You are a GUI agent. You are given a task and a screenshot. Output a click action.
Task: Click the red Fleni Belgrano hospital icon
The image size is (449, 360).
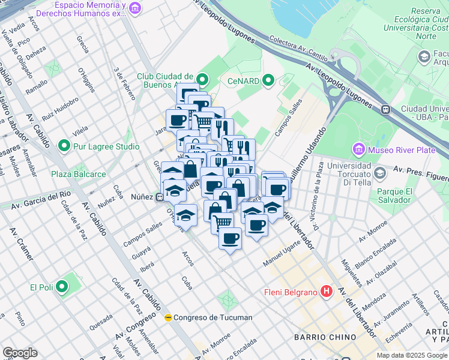pyautogui.click(x=327, y=292)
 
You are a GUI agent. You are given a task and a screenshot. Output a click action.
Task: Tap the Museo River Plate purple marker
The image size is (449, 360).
pyautogui.click(x=359, y=148)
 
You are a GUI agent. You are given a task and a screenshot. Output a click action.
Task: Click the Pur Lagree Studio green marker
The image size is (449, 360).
pyautogui.click(x=64, y=146)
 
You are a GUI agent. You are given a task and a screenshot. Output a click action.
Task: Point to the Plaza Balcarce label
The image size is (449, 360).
pyautogui.click(x=78, y=174)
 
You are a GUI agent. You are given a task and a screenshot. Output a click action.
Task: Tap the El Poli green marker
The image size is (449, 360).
pyautogui.click(x=62, y=287)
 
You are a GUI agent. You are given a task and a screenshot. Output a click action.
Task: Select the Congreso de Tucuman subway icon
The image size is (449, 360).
pyautogui.click(x=169, y=317)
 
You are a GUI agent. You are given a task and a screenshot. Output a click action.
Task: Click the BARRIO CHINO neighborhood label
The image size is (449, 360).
pyautogui.click(x=324, y=337)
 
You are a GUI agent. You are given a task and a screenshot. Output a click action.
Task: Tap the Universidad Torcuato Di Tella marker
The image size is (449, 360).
pyautogui.click(x=379, y=173)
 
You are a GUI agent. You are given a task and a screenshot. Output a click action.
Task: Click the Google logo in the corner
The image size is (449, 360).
pyautogui.click(x=20, y=353)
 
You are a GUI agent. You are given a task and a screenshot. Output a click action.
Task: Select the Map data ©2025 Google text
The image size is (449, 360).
pyautogui.click(x=412, y=355)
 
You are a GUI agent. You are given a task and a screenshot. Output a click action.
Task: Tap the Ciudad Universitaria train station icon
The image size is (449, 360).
pyautogui.click(x=385, y=110)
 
